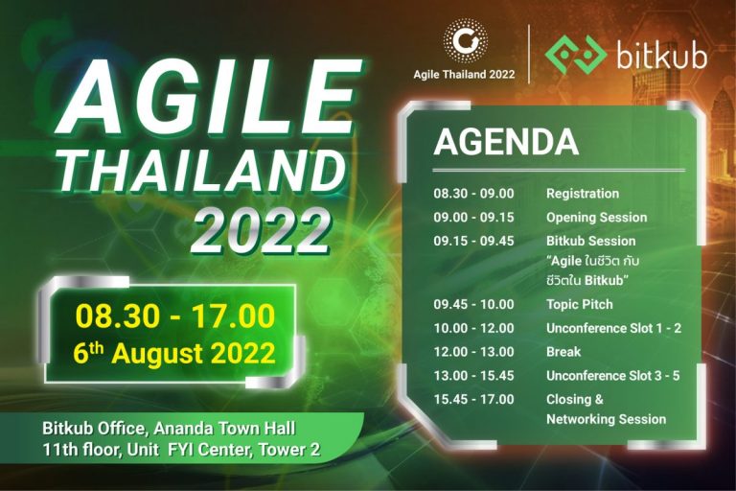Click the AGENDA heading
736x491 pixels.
click(x=506, y=142)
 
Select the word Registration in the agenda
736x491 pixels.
click(x=583, y=194)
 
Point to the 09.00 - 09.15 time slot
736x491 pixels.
click(x=473, y=218)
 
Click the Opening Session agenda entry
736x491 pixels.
click(x=597, y=218)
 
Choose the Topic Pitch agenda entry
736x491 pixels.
click(x=580, y=304)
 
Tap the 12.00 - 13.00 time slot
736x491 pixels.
click(x=473, y=352)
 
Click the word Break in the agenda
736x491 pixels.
click(x=563, y=352)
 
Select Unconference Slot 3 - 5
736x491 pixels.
click(x=613, y=376)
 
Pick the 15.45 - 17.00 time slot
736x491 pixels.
click(x=473, y=399)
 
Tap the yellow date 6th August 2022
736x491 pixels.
click(x=174, y=353)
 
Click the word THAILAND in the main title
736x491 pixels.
click(x=202, y=172)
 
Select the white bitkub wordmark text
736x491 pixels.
click(x=662, y=54)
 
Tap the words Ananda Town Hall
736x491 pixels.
click(x=225, y=429)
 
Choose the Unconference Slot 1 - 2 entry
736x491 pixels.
click(x=614, y=328)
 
